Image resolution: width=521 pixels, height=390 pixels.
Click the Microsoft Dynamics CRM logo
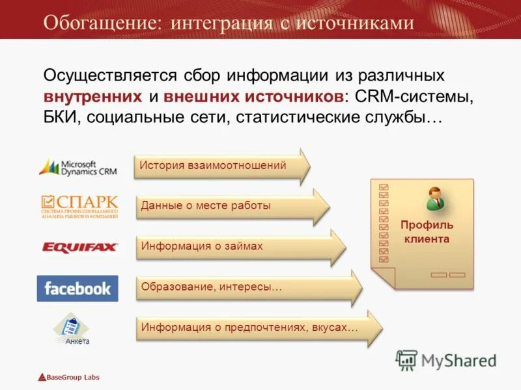point(77,168)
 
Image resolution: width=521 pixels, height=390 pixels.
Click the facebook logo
point(77,288)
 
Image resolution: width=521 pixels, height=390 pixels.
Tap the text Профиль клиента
point(427,232)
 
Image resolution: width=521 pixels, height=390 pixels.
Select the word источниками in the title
point(355,23)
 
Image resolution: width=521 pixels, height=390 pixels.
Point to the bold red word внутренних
point(92,96)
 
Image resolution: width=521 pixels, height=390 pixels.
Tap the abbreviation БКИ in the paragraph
point(61,118)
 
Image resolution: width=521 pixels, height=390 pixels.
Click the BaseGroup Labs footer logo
point(68,377)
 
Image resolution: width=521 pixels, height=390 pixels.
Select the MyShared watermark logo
point(446,359)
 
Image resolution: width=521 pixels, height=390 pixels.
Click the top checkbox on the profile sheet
point(383,187)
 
